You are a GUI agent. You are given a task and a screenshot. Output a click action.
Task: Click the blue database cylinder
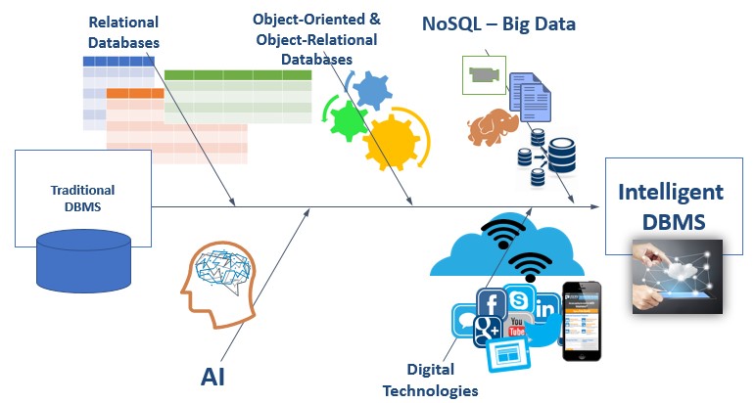click(x=84, y=261)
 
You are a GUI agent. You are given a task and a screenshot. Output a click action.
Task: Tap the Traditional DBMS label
click(x=83, y=199)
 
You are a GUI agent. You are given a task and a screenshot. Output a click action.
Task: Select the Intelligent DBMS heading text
click(x=671, y=206)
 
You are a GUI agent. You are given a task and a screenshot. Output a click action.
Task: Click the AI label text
click(x=212, y=376)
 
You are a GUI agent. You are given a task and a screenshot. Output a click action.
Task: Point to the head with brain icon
click(x=219, y=285)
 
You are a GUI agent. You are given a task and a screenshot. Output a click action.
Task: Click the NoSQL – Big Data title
click(x=498, y=23)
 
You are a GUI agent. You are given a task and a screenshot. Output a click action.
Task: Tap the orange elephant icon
click(x=493, y=126)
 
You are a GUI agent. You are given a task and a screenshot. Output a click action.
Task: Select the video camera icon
click(x=484, y=75)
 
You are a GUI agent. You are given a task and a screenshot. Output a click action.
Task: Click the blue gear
click(x=373, y=89)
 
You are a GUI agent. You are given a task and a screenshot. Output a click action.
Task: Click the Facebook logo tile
click(x=492, y=303)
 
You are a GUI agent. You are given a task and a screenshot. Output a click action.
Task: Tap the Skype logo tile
click(x=519, y=300)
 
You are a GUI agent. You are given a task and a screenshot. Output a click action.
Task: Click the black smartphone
click(x=582, y=321)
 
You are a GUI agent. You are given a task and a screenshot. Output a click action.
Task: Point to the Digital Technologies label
click(x=431, y=380)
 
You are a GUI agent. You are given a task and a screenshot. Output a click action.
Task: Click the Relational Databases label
click(x=123, y=32)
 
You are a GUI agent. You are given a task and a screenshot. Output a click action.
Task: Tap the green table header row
click(x=238, y=75)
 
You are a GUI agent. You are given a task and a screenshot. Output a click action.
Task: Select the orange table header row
click(x=135, y=93)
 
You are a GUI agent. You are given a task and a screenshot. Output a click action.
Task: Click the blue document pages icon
click(x=530, y=97)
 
